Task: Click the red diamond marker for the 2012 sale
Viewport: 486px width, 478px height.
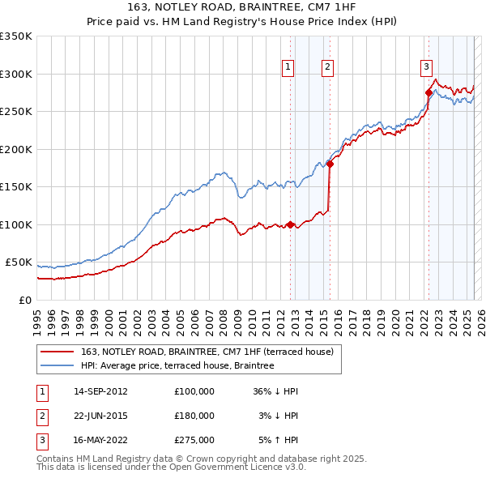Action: click(290, 224)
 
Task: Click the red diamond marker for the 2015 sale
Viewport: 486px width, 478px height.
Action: click(330, 164)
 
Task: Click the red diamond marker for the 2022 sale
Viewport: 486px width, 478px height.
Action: click(428, 92)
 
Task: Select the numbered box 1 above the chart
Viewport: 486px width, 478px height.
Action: click(288, 67)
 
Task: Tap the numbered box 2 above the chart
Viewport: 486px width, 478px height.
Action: click(327, 67)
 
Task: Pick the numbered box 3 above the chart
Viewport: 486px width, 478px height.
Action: click(426, 67)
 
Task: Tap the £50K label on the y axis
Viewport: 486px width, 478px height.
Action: click(19, 262)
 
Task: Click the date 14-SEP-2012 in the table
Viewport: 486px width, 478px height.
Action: click(100, 391)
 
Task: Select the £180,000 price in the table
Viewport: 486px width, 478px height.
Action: click(194, 416)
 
